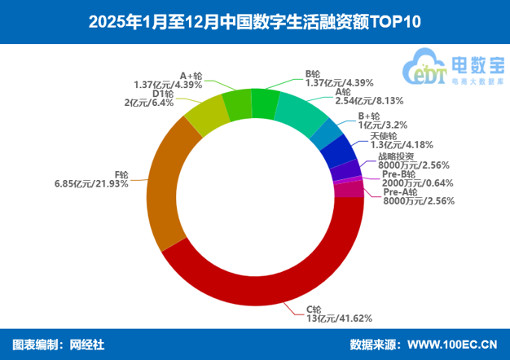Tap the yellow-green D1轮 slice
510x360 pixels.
coord(204,117)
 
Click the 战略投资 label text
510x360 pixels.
coord(396,156)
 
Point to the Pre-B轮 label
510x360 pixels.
coord(398,174)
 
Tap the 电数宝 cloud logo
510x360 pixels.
coord(453,67)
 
